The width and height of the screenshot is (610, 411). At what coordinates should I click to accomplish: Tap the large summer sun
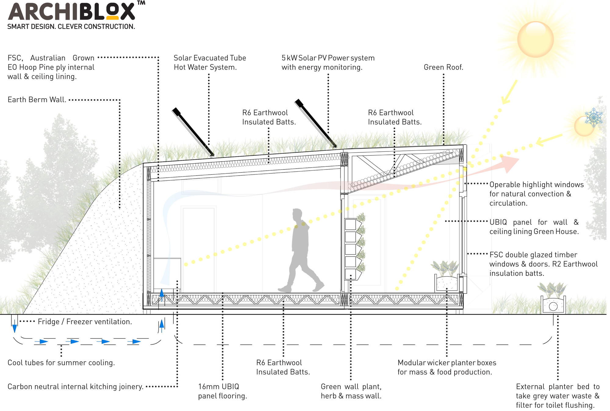[535, 39]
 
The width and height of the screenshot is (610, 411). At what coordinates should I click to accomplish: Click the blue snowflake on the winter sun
[594, 117]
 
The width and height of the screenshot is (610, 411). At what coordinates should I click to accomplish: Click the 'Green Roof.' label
[443, 67]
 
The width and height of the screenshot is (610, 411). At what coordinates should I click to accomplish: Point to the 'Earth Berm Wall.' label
[37, 100]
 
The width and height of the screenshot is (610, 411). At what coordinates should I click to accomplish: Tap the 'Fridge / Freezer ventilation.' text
[85, 322]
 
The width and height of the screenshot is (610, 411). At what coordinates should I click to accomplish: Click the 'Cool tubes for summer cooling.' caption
[61, 362]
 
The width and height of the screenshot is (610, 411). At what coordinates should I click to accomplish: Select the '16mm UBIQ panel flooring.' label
[222, 391]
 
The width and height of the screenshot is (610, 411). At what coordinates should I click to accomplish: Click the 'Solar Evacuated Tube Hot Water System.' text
[210, 63]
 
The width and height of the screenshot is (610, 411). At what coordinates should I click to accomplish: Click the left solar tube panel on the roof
[193, 132]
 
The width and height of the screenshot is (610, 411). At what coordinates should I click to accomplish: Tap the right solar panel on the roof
[316, 123]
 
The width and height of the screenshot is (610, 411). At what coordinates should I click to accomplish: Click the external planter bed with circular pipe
[553, 305]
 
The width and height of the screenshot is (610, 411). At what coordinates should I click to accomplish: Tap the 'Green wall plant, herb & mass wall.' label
[351, 391]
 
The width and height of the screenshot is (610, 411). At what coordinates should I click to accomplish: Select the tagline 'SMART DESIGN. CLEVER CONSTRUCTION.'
[71, 27]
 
